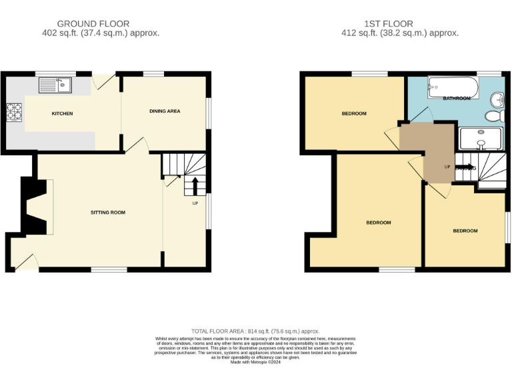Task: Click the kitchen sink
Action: [56, 85]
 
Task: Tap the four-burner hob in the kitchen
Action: [14, 113]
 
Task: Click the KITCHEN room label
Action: [62, 113]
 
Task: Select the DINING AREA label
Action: [165, 111]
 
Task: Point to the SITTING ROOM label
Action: [108, 213]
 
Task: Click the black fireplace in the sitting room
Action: [31, 207]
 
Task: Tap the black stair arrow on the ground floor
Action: [195, 185]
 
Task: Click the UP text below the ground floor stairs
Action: [195, 203]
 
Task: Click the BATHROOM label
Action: [457, 99]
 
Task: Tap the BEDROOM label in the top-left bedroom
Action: [354, 113]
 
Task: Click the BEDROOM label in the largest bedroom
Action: [378, 223]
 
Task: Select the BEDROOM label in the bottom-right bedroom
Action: [465, 231]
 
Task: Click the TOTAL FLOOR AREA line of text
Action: [255, 331]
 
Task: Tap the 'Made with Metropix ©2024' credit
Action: [256, 362]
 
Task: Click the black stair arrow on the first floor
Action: [465, 167]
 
